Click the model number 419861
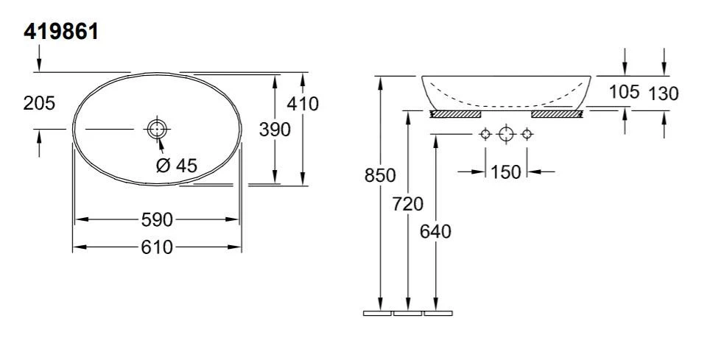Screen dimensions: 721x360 pos(60,32)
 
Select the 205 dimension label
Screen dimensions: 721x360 pos(39,103)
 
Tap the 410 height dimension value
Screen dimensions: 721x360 pos(303,104)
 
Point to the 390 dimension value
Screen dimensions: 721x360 pos(275,130)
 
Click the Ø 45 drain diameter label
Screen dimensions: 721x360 pos(177,165)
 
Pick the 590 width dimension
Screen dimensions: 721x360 pos(157,220)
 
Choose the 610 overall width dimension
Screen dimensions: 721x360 pos(157,247)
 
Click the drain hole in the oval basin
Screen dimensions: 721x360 pos(157,129)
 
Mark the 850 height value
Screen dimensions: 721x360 pos(380,175)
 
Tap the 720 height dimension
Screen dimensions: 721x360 pos(408,204)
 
